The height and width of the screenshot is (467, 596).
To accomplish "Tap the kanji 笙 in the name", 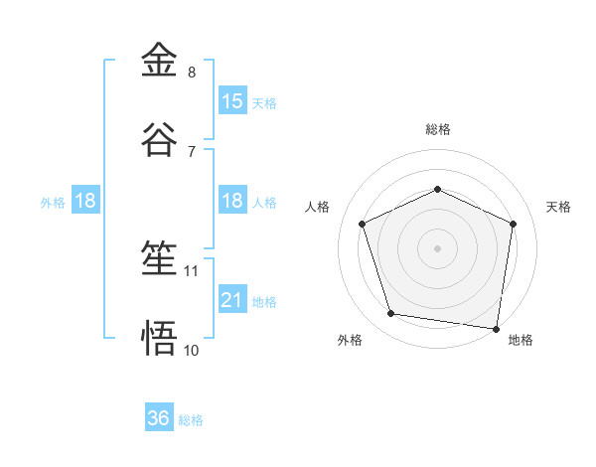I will (159, 260).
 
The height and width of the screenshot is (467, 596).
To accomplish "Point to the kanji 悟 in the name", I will (159, 338).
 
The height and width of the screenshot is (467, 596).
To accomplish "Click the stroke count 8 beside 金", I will (192, 73).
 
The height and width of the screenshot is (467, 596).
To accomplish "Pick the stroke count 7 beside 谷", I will (192, 151).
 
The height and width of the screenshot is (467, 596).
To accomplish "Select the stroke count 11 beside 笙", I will (192, 270).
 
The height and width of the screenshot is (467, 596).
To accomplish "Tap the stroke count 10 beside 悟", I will (192, 350).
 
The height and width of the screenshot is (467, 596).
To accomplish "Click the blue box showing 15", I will (232, 100).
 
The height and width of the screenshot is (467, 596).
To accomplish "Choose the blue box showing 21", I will (232, 299).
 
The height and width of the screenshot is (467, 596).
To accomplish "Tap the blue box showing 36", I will (159, 418).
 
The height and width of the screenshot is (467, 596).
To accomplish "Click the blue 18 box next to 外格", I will (85, 201).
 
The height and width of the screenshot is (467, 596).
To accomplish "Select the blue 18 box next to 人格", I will (232, 201).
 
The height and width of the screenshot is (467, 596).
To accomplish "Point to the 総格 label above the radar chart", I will (438, 129).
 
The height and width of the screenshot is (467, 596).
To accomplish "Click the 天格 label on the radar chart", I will (558, 207).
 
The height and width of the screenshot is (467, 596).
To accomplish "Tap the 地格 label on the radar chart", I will (521, 340).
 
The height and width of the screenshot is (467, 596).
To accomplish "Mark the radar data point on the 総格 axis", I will (438, 190).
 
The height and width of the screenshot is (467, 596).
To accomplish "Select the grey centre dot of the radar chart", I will (438, 247).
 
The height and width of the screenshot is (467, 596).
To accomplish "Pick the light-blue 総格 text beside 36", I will (191, 420).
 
